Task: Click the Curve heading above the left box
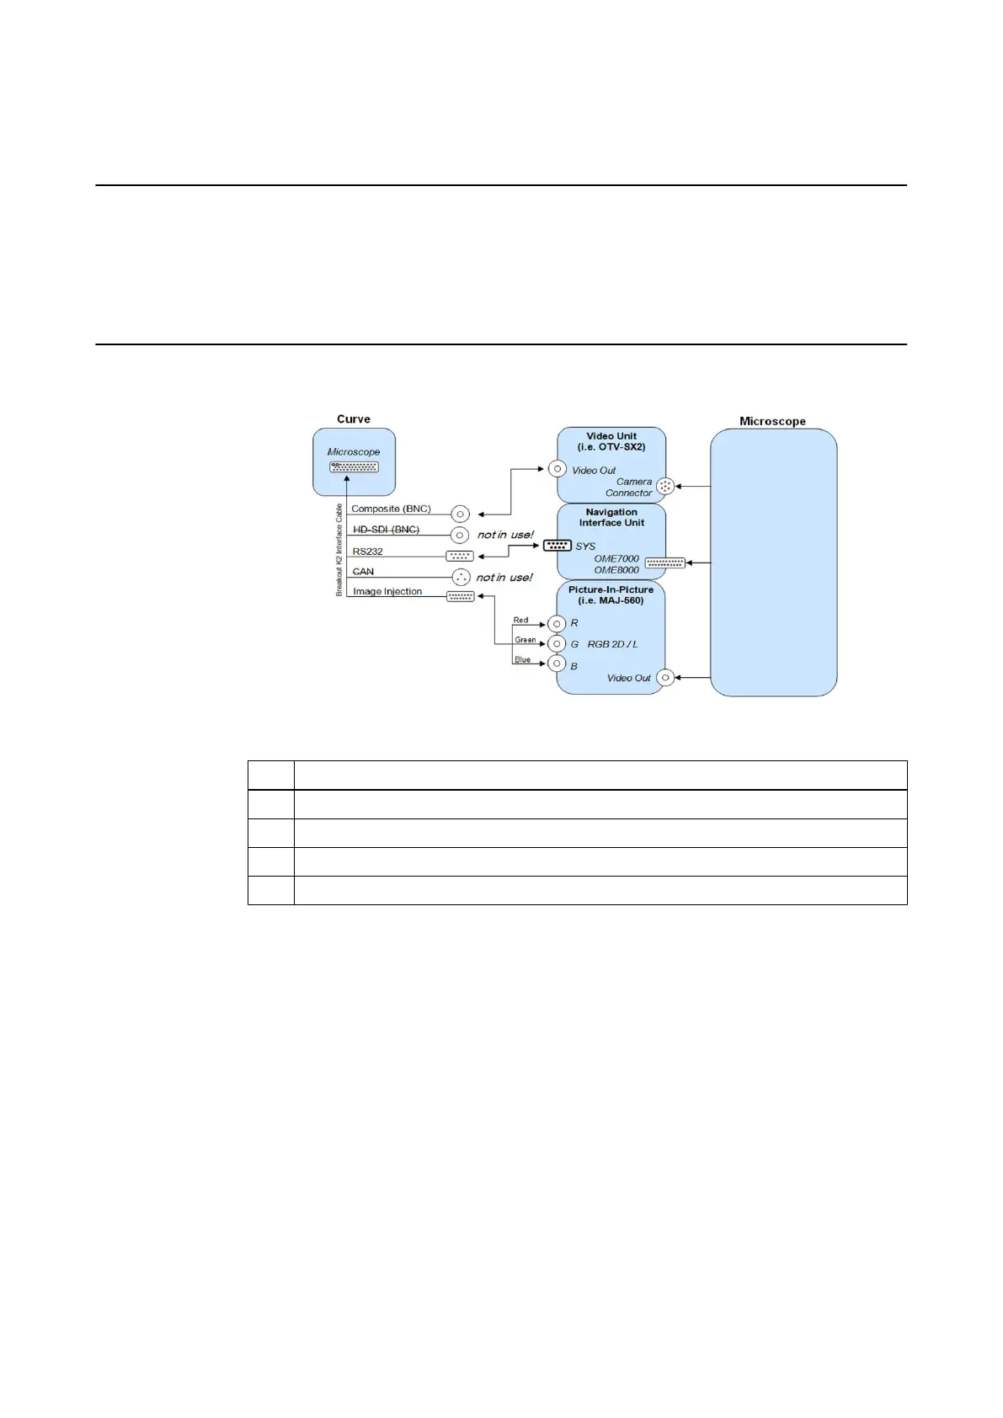354,419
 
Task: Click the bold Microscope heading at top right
772,421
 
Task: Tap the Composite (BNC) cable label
391,509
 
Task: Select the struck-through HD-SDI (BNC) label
386,530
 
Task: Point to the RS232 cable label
368,552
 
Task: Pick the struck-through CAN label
363,572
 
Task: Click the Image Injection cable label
387,592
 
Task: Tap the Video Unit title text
611,441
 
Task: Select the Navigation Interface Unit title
611,517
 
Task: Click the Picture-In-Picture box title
611,594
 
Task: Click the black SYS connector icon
558,546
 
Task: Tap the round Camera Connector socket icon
665,486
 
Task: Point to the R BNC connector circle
556,624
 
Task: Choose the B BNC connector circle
556,664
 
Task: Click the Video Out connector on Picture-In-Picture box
665,678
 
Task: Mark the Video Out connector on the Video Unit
557,469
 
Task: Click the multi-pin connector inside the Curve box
354,467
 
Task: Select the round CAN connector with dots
461,577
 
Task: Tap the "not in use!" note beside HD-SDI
505,535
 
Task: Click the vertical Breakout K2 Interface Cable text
339,550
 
